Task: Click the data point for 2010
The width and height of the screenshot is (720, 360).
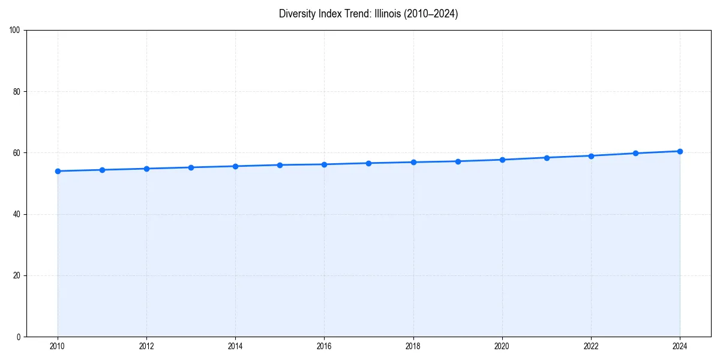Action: click(x=58, y=171)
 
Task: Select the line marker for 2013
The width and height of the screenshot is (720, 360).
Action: click(x=191, y=167)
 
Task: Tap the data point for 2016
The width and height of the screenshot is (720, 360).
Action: click(x=324, y=164)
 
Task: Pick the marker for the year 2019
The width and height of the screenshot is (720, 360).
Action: click(x=458, y=161)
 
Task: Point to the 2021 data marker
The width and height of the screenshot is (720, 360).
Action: click(x=547, y=158)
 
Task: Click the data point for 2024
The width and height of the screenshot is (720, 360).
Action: click(x=680, y=151)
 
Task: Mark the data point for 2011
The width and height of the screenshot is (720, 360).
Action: click(x=102, y=170)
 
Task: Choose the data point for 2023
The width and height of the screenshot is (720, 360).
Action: click(x=635, y=153)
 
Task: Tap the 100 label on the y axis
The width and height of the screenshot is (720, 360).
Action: click(x=16, y=31)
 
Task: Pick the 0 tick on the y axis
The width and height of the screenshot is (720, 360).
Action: click(x=19, y=337)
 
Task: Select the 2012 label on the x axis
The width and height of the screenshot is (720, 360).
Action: click(x=146, y=346)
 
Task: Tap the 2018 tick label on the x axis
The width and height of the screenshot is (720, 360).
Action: click(x=413, y=346)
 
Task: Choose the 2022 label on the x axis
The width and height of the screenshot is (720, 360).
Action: click(x=591, y=346)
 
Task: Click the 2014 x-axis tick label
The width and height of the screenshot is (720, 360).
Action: click(x=235, y=346)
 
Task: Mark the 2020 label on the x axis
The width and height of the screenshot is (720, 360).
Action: click(x=502, y=346)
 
